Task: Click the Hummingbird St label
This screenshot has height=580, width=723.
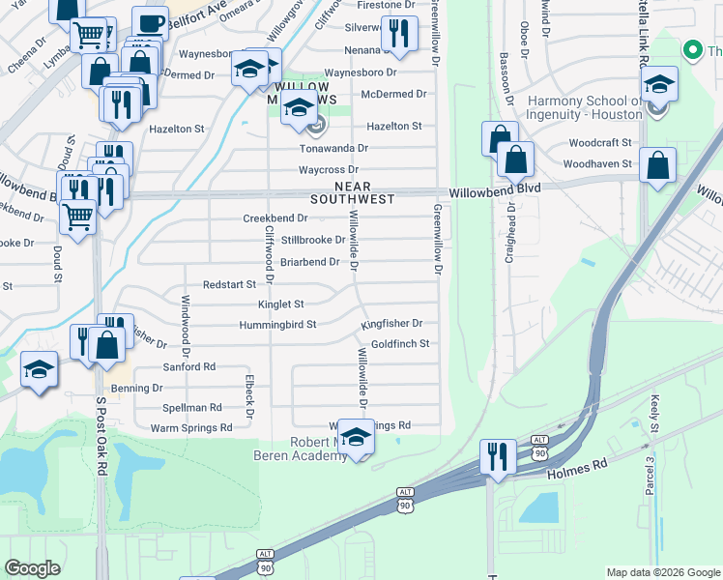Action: [x=278, y=325]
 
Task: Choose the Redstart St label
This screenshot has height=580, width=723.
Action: [x=229, y=284]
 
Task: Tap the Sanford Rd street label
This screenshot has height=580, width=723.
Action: [x=188, y=367]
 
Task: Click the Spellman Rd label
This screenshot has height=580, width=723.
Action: [x=192, y=407]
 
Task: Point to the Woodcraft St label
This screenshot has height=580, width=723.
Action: [x=600, y=142]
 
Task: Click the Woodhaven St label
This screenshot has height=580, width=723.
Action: [x=599, y=164]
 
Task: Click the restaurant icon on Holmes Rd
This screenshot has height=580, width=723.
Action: [x=497, y=455]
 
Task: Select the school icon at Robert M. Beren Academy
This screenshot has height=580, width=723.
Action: [x=356, y=438]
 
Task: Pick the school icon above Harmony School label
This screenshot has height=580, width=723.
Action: [x=659, y=85]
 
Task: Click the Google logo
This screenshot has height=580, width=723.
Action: [x=33, y=568]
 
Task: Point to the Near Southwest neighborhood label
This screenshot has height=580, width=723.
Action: [x=352, y=192]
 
